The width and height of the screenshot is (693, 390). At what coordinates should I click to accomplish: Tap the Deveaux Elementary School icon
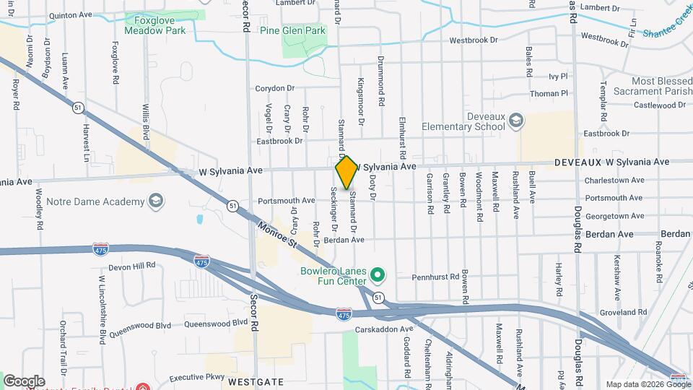[x=515, y=120]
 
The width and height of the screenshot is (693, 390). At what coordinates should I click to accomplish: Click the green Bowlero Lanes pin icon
[x=377, y=275]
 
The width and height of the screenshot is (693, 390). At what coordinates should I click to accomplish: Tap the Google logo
[x=24, y=381]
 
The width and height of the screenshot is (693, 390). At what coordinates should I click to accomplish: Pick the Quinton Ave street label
[x=71, y=14]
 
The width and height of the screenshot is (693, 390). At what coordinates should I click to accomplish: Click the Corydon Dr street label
[x=275, y=89]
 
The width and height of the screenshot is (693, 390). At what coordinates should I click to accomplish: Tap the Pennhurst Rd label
[x=436, y=277]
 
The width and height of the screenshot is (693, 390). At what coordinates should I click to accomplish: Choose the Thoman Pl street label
[x=549, y=94]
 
